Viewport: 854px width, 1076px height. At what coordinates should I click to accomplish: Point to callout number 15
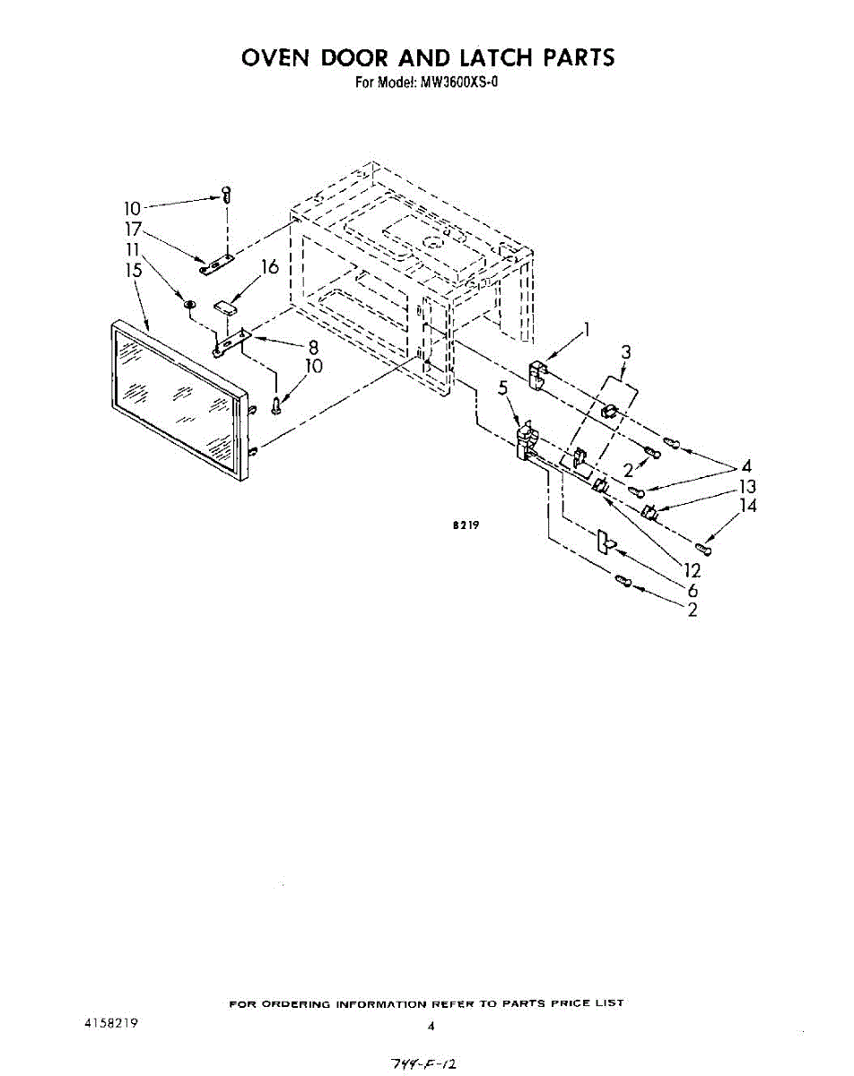pyautogui.click(x=134, y=270)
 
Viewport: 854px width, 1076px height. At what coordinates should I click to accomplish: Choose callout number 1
pyautogui.click(x=588, y=330)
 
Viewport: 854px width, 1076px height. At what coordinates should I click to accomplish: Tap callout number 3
pyautogui.click(x=627, y=352)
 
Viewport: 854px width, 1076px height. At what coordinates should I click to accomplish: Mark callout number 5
pyautogui.click(x=503, y=388)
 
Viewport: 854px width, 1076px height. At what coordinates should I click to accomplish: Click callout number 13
pyautogui.click(x=746, y=487)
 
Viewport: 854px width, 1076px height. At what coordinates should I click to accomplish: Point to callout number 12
pyautogui.click(x=692, y=570)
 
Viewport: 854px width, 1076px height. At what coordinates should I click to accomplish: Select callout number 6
pyautogui.click(x=693, y=590)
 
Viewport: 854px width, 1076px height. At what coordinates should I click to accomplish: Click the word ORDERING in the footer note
pyautogui.click(x=297, y=1003)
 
